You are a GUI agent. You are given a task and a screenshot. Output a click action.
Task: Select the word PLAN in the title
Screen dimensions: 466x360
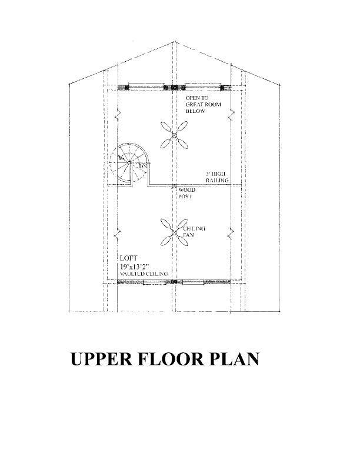click(234, 360)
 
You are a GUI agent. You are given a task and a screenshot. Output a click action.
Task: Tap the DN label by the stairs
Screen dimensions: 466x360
click(142, 167)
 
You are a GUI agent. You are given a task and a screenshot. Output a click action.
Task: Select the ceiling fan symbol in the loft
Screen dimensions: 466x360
click(172, 232)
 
